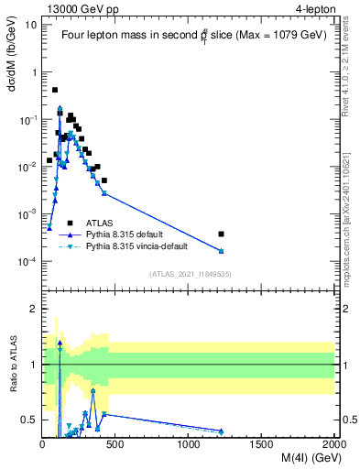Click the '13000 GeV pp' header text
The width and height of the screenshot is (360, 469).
79,7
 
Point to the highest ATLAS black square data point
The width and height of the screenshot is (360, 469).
55,90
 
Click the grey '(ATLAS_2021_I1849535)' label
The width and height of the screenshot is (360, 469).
189,273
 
